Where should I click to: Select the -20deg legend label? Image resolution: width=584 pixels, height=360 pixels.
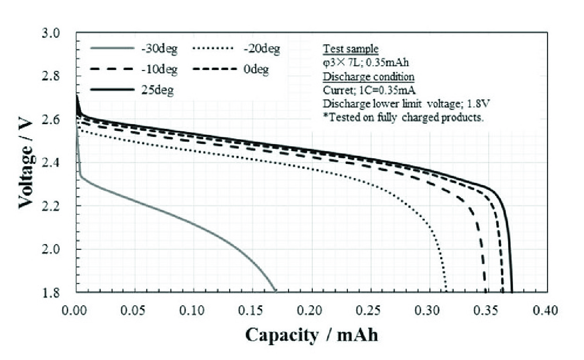pos(262,49)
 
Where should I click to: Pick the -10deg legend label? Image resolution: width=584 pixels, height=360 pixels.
pos(159,70)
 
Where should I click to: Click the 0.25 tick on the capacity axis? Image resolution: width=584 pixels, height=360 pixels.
pos(370,310)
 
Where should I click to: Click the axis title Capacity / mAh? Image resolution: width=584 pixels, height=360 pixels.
pos(311,334)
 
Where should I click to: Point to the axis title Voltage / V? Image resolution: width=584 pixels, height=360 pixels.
pos(27,163)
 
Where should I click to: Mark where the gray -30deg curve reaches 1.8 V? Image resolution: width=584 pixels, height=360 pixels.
pos(275,291)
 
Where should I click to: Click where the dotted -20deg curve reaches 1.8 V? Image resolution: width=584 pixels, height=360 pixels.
pos(446,291)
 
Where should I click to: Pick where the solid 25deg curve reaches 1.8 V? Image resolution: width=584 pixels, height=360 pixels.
pos(512,291)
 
